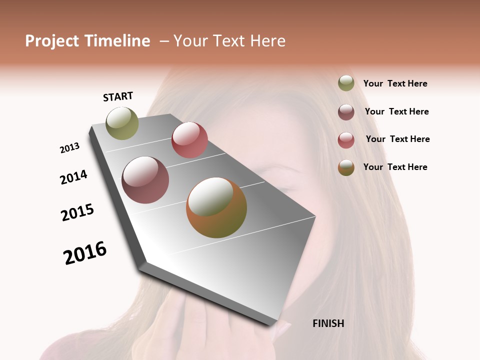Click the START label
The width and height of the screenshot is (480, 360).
tap(118, 96)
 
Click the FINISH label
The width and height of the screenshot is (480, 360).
tap(328, 323)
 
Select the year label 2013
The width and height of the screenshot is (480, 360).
tap(69, 148)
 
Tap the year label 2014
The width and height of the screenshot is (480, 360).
tap(73, 177)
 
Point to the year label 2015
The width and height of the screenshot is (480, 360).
tap(77, 212)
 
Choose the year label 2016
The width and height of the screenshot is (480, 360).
tap(85, 252)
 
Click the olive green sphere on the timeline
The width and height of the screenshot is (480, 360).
tap(122, 123)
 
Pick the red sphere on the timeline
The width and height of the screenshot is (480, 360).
tap(189, 140)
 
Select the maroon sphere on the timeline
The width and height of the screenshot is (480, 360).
tap(145, 180)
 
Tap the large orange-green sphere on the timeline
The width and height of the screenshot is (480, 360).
tap(216, 207)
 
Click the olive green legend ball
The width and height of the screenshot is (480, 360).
tap(346, 83)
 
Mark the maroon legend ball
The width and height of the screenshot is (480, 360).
tap(346, 111)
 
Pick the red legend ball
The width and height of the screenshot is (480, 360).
tap(346, 139)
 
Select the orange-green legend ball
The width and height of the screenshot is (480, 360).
tap(346, 167)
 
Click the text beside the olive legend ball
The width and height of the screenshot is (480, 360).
tap(395, 84)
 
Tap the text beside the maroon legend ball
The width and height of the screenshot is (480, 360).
tap(396, 111)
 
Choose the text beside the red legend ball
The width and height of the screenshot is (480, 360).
tap(397, 139)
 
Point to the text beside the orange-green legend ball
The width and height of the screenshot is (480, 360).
tap(395, 167)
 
